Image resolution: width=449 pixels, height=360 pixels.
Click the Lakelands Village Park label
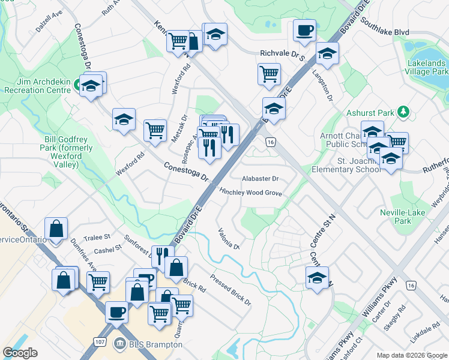426,67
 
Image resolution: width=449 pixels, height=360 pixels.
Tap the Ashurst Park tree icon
404,112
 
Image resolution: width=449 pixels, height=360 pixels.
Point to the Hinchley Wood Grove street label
250,193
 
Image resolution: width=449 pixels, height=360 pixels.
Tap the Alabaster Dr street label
260,179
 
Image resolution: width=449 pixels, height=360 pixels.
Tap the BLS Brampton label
141,344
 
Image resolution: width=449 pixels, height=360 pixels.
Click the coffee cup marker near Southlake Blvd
304,30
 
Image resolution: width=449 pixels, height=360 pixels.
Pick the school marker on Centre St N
317,278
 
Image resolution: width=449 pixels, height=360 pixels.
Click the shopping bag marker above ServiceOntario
56,229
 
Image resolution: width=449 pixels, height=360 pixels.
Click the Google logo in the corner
20,353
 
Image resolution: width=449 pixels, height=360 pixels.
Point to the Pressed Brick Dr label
231,289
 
